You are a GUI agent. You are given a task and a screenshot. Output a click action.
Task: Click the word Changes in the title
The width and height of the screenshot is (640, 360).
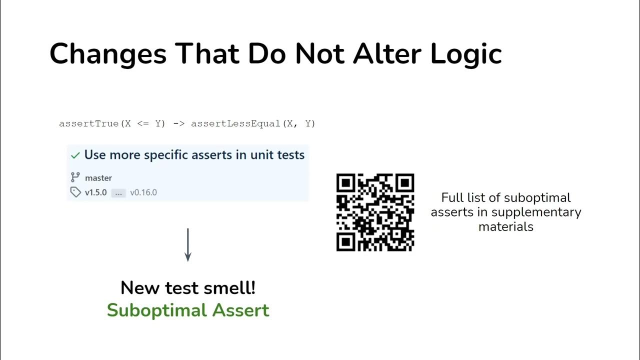coord(108,53)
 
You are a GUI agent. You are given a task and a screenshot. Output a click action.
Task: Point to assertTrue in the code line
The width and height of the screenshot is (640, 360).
coord(88,123)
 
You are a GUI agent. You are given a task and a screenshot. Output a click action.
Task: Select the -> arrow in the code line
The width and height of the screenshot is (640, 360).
coord(178,123)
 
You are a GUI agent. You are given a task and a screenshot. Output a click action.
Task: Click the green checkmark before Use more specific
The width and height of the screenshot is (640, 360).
coord(75,155)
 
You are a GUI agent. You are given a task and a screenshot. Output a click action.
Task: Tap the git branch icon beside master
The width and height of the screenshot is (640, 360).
coord(75,177)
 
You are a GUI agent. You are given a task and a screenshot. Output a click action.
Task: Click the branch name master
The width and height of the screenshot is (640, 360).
coord(98,178)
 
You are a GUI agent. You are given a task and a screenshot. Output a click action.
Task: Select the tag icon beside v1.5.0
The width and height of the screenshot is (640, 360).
coord(75,192)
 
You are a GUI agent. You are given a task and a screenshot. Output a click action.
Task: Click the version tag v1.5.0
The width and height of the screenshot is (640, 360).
coord(96,192)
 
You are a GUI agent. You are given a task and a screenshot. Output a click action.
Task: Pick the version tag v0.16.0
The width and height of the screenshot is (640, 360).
coord(143,192)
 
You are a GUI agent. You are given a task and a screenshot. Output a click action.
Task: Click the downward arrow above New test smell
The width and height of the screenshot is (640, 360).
coord(188,245)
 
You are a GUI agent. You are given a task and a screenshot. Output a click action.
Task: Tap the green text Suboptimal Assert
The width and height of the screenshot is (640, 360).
coord(188,310)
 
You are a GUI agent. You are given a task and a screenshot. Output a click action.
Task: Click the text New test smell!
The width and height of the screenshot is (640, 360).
coord(188,288)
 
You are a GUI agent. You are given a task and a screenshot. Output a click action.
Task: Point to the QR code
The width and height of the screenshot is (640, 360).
coord(375,212)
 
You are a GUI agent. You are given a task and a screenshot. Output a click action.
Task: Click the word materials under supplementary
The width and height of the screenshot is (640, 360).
coord(506,226)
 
